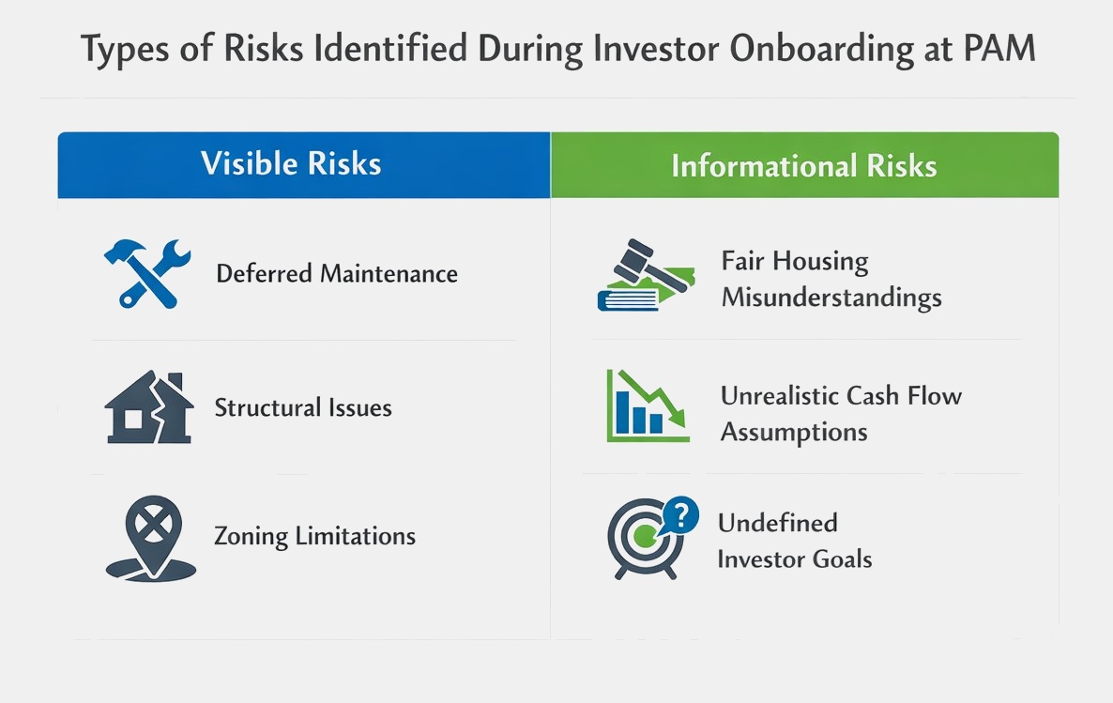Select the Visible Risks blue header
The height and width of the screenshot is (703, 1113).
click(304, 165)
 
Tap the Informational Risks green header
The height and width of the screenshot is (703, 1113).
click(804, 165)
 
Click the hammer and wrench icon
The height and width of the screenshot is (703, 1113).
click(147, 273)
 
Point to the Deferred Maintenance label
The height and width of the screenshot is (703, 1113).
click(337, 273)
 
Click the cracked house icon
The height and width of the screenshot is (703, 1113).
click(149, 407)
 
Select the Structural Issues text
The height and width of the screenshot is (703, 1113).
click(303, 407)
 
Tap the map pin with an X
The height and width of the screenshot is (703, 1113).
click(152, 538)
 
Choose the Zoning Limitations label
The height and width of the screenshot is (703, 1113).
click(315, 536)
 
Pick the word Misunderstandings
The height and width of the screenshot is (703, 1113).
click(831, 298)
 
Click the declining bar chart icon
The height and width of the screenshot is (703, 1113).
click(648, 406)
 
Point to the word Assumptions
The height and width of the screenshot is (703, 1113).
click(794, 433)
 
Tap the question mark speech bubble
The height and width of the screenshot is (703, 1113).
click(680, 515)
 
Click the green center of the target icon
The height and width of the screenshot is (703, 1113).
click(645, 536)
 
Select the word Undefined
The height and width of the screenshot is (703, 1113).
click(778, 524)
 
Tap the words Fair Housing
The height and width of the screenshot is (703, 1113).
click(795, 262)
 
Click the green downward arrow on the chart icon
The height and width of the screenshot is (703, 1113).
click(651, 398)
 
